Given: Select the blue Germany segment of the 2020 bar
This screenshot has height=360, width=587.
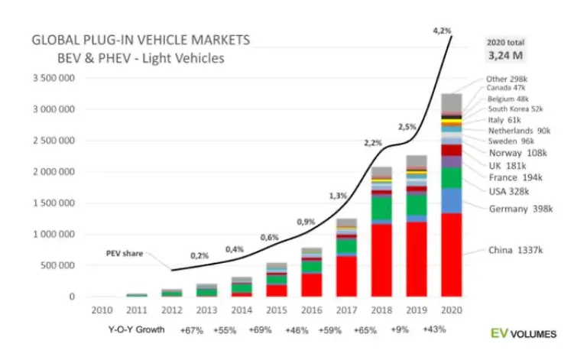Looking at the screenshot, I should [451, 200].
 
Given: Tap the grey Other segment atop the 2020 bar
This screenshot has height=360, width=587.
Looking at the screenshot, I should [451, 102].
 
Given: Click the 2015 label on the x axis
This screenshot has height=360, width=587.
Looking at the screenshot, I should [277, 311].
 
